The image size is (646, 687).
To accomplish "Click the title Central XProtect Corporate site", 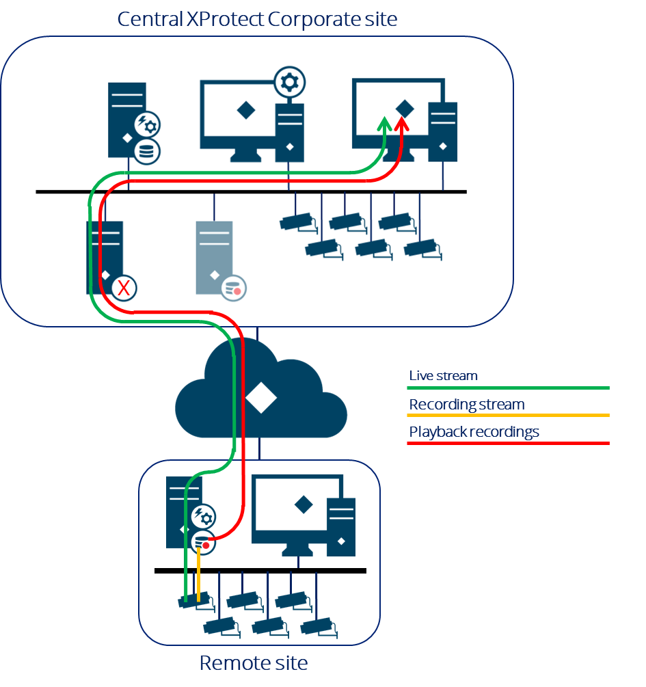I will pyautogui.click(x=257, y=18).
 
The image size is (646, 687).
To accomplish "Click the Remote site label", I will pyautogui.click(x=253, y=662).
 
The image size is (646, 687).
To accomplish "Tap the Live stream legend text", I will pyautogui.click(x=443, y=375).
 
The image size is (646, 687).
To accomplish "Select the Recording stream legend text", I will pyautogui.click(x=466, y=404).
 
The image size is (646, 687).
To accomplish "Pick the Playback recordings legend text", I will pyautogui.click(x=474, y=432).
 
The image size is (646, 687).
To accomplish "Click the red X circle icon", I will pyautogui.click(x=124, y=288).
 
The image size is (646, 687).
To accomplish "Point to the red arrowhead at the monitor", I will pyautogui.click(x=402, y=124).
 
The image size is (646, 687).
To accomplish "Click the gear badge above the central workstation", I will pyautogui.click(x=290, y=83).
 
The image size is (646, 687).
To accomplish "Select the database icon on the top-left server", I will pyautogui.click(x=146, y=151).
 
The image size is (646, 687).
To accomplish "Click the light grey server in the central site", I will pyautogui.click(x=213, y=257).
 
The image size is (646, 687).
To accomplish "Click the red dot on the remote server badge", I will pyautogui.click(x=206, y=545).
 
